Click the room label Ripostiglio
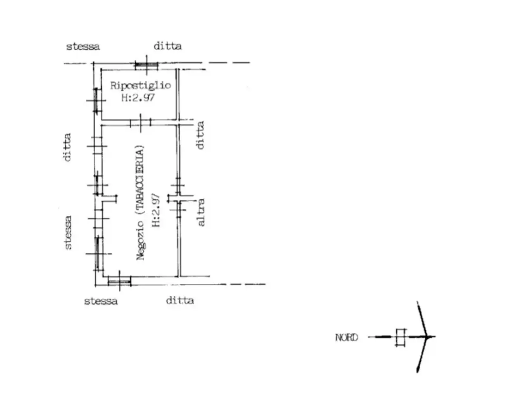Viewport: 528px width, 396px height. (141, 86)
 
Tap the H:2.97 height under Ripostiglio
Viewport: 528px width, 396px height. (138, 97)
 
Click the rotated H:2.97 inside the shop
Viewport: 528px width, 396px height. (156, 210)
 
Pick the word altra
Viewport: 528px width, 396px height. (201, 212)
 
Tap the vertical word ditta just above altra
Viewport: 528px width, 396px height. (200, 135)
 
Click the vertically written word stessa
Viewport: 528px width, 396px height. (68, 233)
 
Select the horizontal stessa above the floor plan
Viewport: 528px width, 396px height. (83, 46)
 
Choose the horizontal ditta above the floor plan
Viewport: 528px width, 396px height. (167, 46)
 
